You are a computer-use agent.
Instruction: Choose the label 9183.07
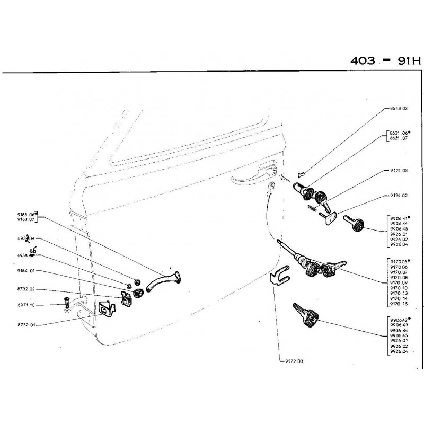26,218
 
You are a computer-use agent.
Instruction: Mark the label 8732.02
26,290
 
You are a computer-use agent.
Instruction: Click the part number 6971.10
26,305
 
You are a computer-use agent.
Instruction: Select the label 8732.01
26,324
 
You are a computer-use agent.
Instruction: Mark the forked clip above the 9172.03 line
279,277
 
